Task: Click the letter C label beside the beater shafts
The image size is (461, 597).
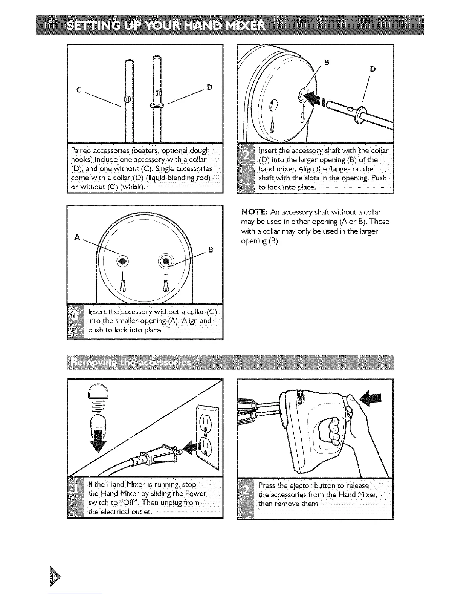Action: point(79,90)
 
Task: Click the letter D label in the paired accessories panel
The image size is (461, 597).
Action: point(210,87)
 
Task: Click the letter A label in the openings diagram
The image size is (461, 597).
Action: point(77,237)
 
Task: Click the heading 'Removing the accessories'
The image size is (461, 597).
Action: point(131,363)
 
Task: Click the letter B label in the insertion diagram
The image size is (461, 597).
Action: point(327,62)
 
